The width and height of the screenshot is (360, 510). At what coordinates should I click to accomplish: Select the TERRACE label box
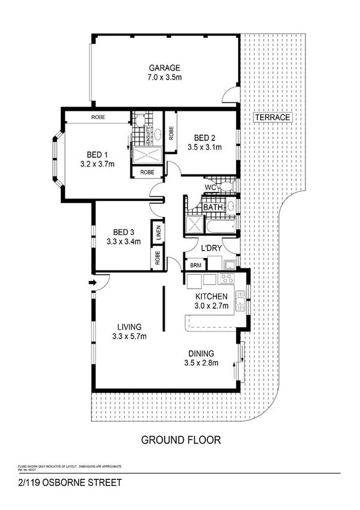tap(272, 118)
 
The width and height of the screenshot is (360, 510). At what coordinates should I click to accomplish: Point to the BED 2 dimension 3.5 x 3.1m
tap(204, 147)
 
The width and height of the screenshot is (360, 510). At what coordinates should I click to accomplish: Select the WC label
tap(210, 188)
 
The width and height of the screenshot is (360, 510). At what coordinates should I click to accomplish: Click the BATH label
tap(213, 208)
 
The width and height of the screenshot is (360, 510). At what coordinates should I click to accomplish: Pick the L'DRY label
tap(211, 248)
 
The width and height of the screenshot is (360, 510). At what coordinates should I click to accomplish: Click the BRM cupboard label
tap(196, 265)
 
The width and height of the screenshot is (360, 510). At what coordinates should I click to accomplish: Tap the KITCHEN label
tap(210, 296)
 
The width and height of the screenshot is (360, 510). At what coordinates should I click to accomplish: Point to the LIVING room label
tap(129, 327)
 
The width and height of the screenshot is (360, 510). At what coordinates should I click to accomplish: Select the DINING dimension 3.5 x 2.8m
tap(201, 363)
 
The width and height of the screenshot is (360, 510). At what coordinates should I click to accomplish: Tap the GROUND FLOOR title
tap(180, 440)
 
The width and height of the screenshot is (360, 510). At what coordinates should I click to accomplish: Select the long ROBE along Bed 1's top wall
tap(99, 117)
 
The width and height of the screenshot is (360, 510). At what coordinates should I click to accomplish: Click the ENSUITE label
tap(147, 137)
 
